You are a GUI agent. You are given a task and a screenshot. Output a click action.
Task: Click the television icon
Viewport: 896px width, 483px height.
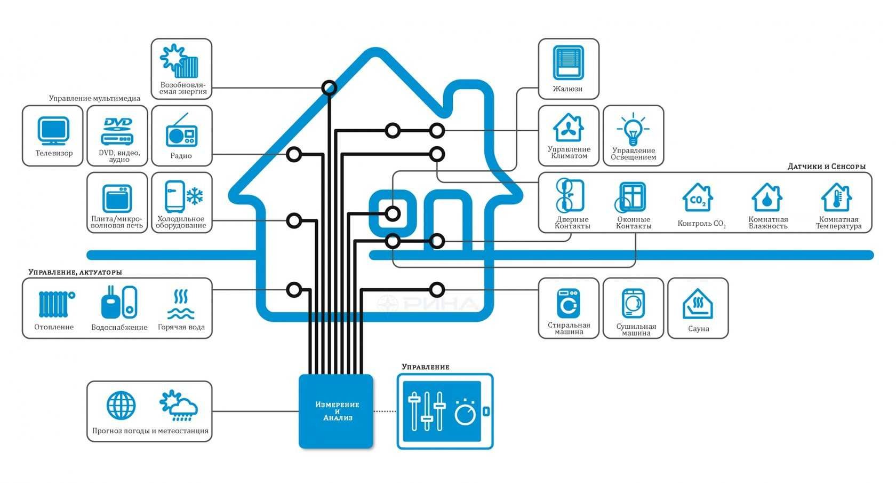[x=53, y=131]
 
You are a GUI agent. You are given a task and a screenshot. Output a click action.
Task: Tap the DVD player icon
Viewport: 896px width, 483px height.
[x=117, y=131]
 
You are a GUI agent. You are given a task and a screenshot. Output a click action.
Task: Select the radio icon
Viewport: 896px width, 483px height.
[x=181, y=131]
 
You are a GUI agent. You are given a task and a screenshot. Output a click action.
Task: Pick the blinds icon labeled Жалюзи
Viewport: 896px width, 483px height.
[x=568, y=62]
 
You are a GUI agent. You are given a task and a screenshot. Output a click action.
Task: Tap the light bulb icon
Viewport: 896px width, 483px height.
[x=633, y=129]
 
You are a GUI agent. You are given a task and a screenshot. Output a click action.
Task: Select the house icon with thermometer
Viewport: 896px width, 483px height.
[x=836, y=197]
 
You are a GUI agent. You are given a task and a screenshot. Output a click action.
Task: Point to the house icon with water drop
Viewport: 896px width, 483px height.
[x=767, y=197]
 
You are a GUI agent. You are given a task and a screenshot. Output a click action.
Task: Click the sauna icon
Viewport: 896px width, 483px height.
[x=698, y=304]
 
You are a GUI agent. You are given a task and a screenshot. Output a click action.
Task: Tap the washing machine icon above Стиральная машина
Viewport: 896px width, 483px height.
[x=568, y=303]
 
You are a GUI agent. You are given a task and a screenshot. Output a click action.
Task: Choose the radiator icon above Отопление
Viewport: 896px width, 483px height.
[x=54, y=304]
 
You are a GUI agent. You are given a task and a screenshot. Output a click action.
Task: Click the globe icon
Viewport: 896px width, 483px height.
[x=121, y=406]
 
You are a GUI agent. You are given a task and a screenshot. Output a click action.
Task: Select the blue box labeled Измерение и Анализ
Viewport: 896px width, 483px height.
[x=336, y=411]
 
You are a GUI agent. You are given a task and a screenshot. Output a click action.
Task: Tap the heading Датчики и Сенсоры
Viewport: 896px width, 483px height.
[x=826, y=167]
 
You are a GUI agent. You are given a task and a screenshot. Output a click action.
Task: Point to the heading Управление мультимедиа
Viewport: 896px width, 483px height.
[x=94, y=98]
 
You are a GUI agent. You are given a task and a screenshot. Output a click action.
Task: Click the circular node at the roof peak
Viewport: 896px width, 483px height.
[x=329, y=88]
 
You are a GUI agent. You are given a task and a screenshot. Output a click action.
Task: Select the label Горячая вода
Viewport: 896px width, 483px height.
[x=181, y=327]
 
